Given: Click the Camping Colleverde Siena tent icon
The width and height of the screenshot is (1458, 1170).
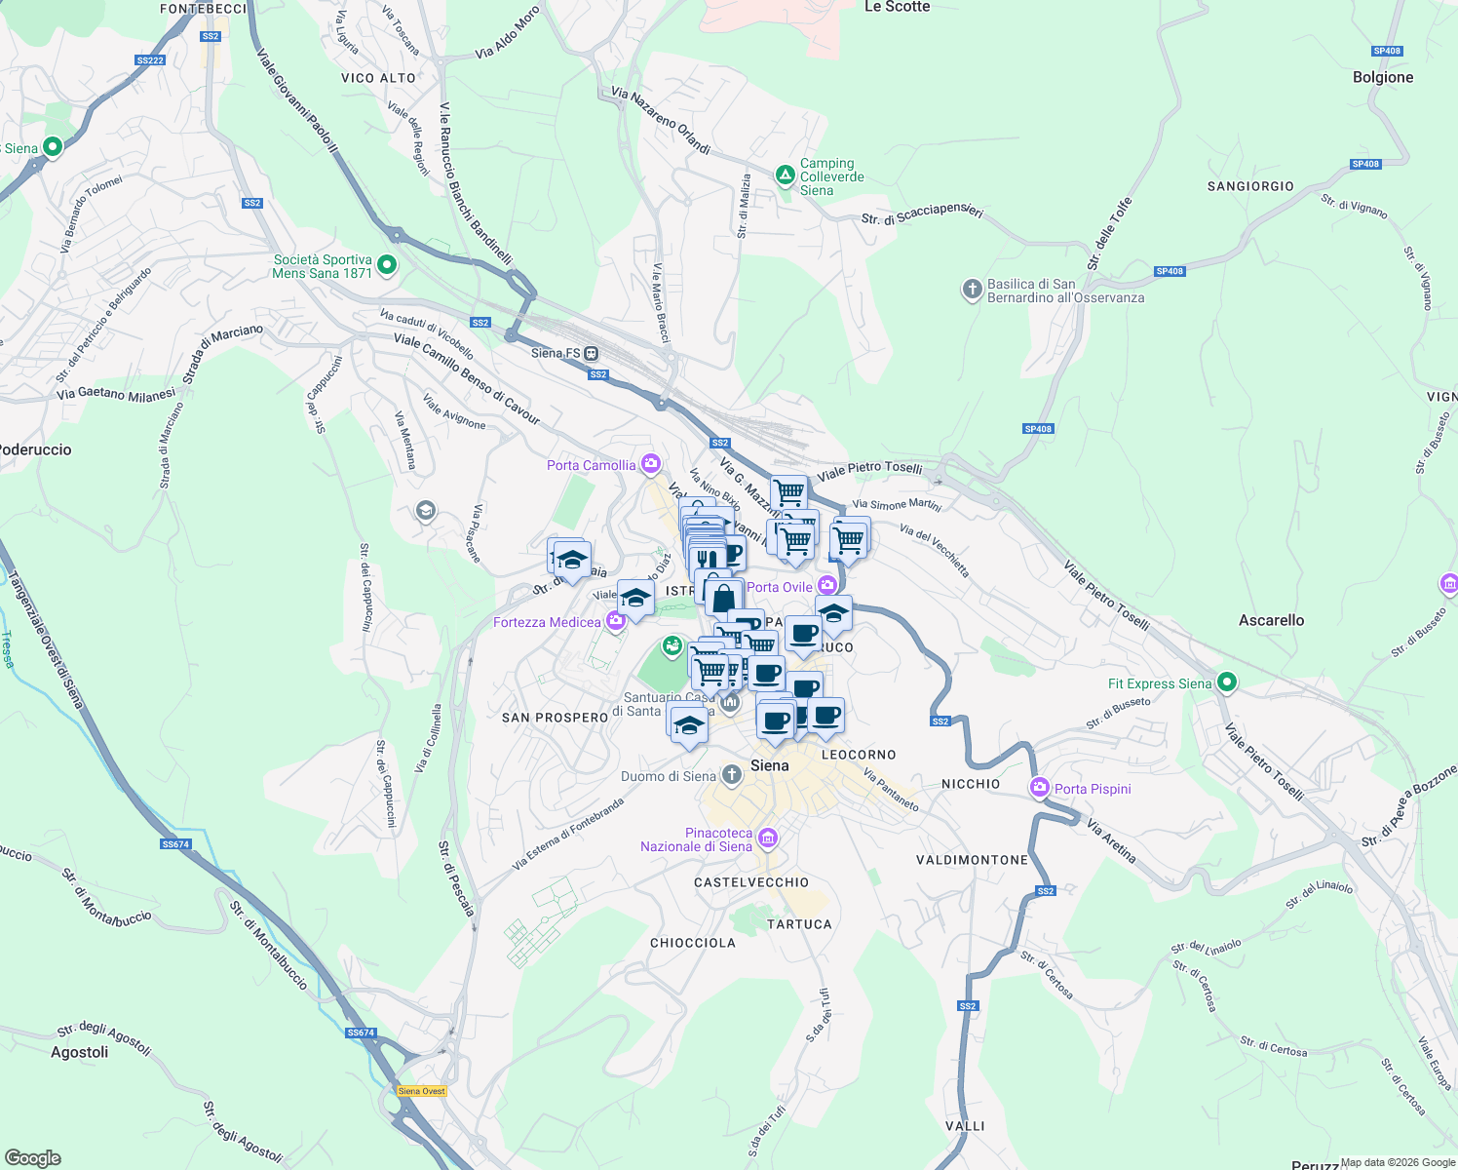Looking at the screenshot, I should (785, 175).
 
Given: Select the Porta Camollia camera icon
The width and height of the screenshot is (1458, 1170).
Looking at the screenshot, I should (651, 464).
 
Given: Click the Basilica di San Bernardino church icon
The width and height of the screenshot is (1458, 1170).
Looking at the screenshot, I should (971, 290).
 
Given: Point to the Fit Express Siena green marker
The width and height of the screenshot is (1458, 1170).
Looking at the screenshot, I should (1227, 682).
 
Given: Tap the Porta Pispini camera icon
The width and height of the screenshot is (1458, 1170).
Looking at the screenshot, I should (1040, 788).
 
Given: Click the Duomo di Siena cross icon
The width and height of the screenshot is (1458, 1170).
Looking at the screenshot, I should (732, 775).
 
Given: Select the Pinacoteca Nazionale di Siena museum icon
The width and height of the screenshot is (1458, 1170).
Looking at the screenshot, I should (768, 838).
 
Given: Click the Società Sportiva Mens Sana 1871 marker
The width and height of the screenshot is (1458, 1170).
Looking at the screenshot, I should (387, 264).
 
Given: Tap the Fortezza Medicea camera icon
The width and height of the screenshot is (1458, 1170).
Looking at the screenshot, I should (615, 621).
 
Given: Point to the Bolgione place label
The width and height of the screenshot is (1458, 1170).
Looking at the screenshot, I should (1382, 77).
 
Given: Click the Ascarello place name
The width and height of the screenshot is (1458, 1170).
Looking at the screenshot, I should (1271, 620).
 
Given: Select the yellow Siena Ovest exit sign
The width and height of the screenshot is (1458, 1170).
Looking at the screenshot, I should (422, 1091).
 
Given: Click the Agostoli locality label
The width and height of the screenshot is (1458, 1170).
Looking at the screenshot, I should (80, 1052).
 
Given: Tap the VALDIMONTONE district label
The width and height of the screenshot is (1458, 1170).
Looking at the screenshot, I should (972, 860).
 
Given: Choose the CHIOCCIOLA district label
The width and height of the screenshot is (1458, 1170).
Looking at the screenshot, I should (693, 943).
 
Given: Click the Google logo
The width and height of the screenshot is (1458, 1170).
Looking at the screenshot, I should (33, 1158).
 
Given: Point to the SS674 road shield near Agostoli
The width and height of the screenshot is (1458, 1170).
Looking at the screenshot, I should (361, 1033).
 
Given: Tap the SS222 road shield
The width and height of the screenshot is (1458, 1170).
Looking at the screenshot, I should (150, 60).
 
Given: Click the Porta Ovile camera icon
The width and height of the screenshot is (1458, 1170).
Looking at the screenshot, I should (826, 585).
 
